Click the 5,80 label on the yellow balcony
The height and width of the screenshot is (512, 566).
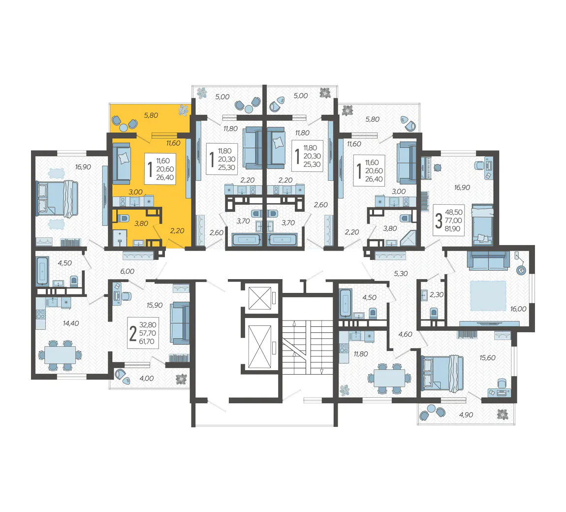click(x=151, y=115)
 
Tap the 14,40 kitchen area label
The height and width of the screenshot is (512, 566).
click(x=71, y=323)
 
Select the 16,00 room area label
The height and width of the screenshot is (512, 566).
click(x=518, y=309)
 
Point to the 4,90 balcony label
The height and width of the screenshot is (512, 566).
click(x=466, y=415)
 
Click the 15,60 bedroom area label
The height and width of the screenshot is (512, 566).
click(x=487, y=358)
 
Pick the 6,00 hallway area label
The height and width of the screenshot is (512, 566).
click(x=127, y=271)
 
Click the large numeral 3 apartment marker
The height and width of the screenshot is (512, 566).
click(x=439, y=221)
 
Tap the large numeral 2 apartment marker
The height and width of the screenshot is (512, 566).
click(x=133, y=333)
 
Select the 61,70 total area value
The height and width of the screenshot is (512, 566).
click(x=147, y=341)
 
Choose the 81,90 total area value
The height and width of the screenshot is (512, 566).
click(x=453, y=228)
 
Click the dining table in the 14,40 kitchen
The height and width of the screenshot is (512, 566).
click(x=60, y=355)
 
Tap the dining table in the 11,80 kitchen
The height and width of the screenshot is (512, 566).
click(x=389, y=378)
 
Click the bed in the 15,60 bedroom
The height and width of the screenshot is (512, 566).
click(x=442, y=373)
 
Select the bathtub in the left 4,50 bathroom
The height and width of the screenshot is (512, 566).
click(x=43, y=271)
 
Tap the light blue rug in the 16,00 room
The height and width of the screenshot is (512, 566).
click(x=488, y=296)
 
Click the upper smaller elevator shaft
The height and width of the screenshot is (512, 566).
click(x=260, y=298)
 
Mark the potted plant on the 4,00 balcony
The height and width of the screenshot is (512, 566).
click(x=181, y=379)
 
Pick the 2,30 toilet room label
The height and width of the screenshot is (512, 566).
click(x=437, y=294)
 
